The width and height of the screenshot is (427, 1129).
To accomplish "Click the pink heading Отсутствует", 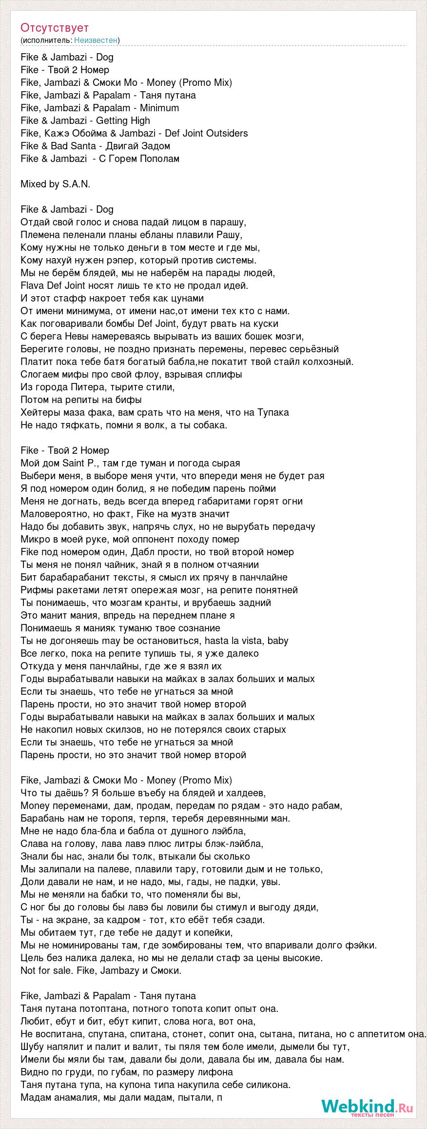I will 55,28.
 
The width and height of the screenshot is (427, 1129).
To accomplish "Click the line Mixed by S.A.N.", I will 56,184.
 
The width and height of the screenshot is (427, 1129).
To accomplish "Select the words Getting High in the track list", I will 123,121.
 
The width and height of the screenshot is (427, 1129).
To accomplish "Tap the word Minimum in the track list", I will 159,108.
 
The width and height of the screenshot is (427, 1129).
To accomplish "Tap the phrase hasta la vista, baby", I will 247,641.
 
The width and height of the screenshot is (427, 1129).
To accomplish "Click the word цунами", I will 187,298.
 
